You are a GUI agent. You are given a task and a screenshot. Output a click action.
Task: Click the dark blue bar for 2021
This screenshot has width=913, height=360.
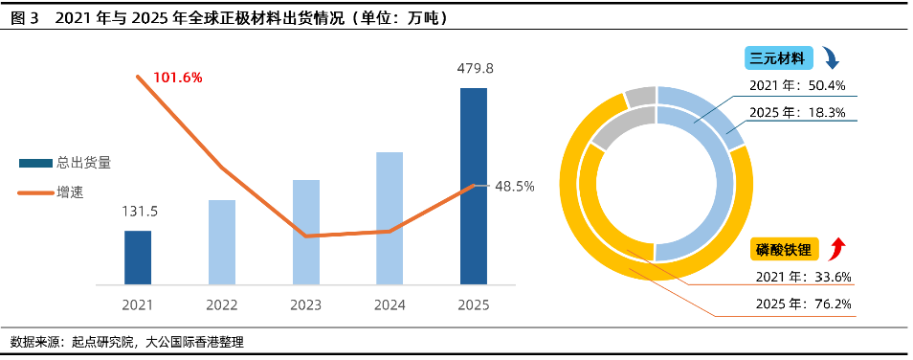click(x=138, y=258)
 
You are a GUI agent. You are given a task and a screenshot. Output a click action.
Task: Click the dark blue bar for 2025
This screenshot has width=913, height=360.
click(x=474, y=186)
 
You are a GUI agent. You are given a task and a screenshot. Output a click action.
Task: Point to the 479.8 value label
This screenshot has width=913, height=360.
click(x=474, y=68)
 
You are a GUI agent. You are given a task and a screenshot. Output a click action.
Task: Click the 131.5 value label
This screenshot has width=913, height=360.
click(x=138, y=212)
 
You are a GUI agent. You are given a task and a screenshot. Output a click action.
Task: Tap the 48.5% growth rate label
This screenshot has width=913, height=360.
click(x=514, y=186)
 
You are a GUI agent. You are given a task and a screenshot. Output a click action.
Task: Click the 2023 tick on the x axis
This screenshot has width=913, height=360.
click(x=305, y=304)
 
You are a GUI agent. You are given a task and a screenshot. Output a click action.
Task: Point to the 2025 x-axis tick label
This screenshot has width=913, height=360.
click(x=474, y=304)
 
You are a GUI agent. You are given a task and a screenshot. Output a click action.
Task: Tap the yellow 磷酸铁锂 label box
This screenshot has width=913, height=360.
click(x=783, y=251)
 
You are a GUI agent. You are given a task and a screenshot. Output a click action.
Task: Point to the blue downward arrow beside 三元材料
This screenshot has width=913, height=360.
click(x=831, y=59)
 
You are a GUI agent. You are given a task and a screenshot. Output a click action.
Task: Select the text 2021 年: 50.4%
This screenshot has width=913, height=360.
click(x=797, y=86)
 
